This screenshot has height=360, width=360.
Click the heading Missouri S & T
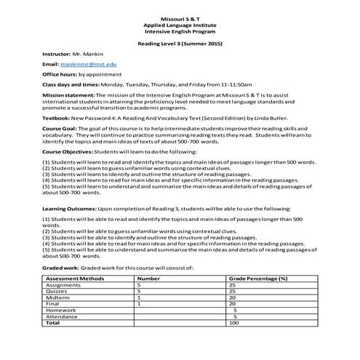pos(179,17)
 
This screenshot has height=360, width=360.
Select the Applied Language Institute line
pos(179,25)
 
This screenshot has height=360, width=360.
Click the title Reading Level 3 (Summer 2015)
pos(179,44)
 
